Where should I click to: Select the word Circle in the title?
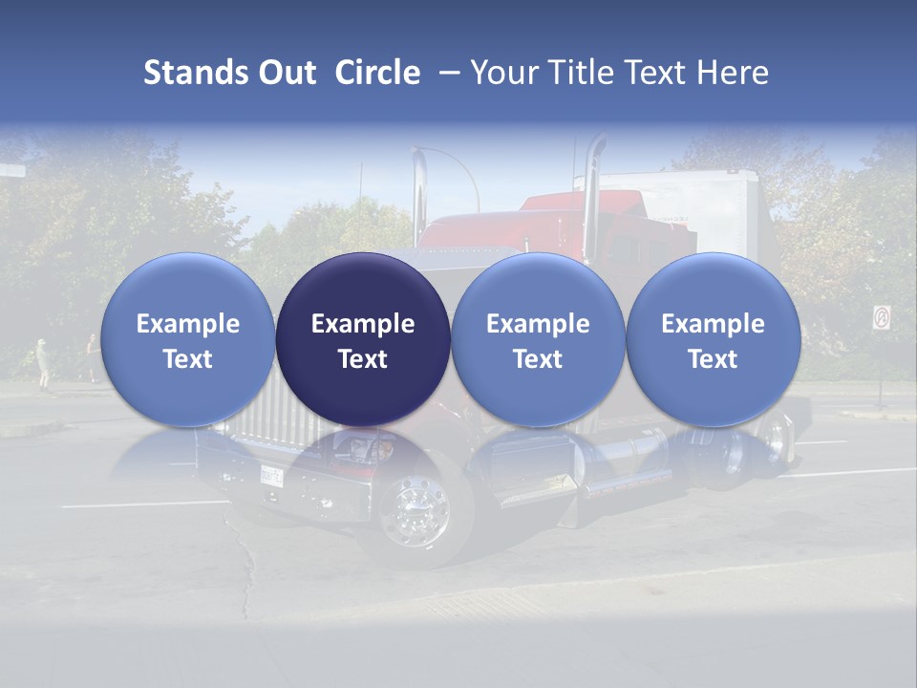click(x=377, y=73)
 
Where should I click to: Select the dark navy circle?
click(x=363, y=339)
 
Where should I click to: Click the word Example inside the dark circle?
click(x=363, y=324)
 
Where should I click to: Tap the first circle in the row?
click(x=187, y=339)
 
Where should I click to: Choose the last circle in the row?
click(x=713, y=339)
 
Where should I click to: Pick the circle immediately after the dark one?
click(x=538, y=339)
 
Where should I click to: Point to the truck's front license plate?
click(x=272, y=472)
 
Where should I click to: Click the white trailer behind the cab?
click(x=697, y=205)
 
